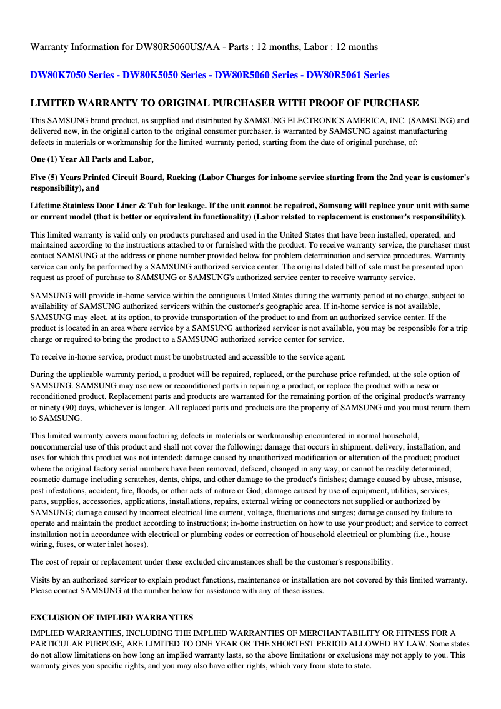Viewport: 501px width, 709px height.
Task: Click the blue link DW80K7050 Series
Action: click(x=72, y=75)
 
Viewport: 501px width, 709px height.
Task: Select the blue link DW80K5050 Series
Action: click(x=164, y=75)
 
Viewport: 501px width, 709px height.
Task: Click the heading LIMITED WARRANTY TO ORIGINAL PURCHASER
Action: click(x=224, y=103)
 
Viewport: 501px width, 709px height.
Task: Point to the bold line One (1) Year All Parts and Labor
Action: click(x=92, y=159)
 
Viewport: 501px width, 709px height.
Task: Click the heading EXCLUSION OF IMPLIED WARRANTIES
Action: click(x=112, y=617)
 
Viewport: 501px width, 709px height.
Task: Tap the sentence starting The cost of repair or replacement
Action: click(x=211, y=562)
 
